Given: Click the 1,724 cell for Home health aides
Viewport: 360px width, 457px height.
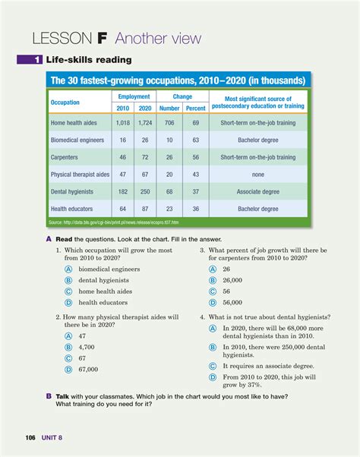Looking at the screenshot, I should coord(146,122).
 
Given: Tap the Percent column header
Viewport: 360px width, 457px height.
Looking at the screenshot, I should coord(196,108).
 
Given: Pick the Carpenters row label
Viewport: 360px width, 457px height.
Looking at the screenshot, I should coord(68,156).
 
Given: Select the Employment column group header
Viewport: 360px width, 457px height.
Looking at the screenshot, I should coord(134,97).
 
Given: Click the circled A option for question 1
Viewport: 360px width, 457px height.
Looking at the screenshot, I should coord(68,269).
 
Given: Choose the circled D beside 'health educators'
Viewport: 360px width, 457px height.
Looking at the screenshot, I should coord(68,302).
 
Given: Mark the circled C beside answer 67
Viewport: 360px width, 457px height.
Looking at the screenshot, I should coord(68,358).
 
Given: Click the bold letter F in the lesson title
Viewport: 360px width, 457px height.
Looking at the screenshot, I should coord(98,38).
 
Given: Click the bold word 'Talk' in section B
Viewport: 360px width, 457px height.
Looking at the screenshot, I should coord(64,396).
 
